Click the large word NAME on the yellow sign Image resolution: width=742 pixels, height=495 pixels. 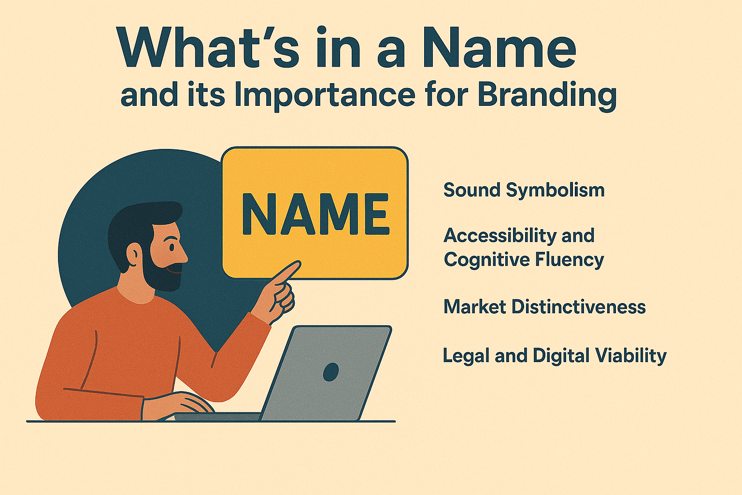click(x=315, y=214)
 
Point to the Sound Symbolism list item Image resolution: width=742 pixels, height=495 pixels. click(x=524, y=190)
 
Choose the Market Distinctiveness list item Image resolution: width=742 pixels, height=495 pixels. click(x=544, y=307)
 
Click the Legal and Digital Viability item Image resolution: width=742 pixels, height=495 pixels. click(x=554, y=356)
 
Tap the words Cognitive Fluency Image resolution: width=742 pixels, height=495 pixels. click(x=524, y=260)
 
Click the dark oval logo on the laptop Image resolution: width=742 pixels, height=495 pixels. click(x=331, y=372)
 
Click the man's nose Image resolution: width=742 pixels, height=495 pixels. click(x=184, y=252)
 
